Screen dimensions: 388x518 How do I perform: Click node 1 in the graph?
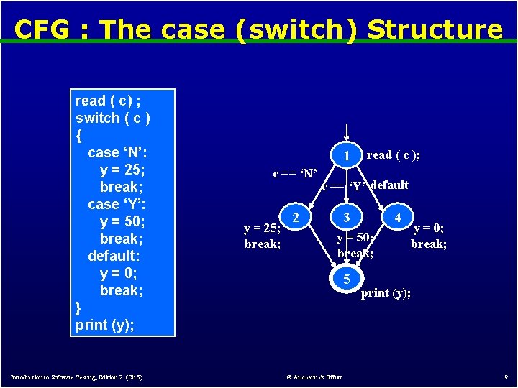click(347, 155)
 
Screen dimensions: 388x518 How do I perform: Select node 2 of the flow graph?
click(295, 216)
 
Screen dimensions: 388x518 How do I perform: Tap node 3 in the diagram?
click(347, 216)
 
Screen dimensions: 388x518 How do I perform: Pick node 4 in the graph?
click(397, 216)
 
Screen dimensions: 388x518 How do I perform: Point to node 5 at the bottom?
click(347, 279)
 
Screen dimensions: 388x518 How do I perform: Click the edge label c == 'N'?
click(295, 173)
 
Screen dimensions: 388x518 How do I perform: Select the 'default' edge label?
click(390, 185)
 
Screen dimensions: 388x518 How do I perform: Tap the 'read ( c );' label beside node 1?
click(394, 155)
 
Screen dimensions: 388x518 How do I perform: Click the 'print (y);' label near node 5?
click(386, 293)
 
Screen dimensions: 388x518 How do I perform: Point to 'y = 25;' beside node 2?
click(263, 229)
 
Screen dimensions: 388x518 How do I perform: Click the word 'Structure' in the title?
click(435, 29)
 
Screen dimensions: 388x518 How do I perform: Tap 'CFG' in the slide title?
click(40, 29)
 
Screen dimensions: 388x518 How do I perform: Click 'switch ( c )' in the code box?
click(113, 118)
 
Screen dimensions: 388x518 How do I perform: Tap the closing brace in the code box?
click(78, 308)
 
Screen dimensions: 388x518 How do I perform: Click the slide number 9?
click(506, 377)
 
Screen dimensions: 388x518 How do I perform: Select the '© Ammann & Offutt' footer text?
click(314, 377)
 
